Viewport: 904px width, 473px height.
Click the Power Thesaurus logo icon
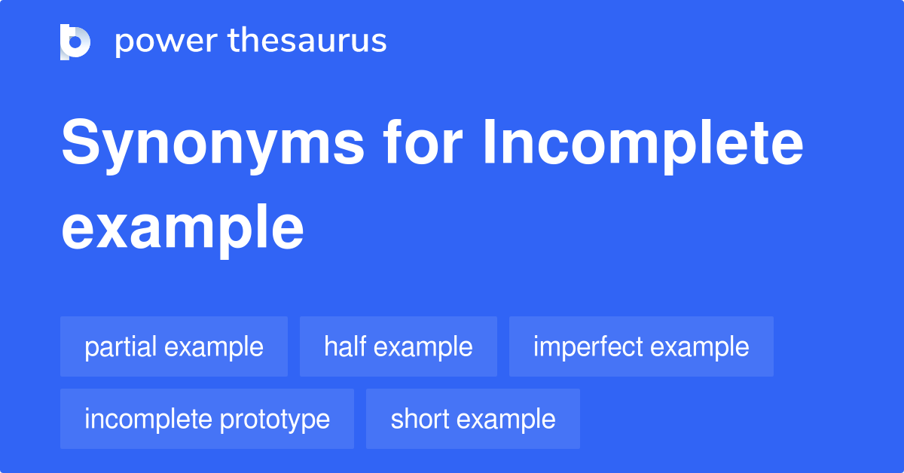[75, 41]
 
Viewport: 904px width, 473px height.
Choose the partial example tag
[174, 346]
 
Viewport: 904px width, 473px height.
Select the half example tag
[399, 346]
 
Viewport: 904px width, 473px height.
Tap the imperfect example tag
[641, 346]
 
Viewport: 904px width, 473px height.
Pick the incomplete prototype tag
[207, 419]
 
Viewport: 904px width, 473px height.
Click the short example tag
[473, 419]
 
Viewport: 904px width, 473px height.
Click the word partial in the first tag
[121, 346]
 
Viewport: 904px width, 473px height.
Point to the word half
[347, 346]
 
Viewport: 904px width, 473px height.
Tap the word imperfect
[588, 346]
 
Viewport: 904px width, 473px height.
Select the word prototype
[278, 420]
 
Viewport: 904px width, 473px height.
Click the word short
[417, 419]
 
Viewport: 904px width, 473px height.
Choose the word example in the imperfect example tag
[700, 347]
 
